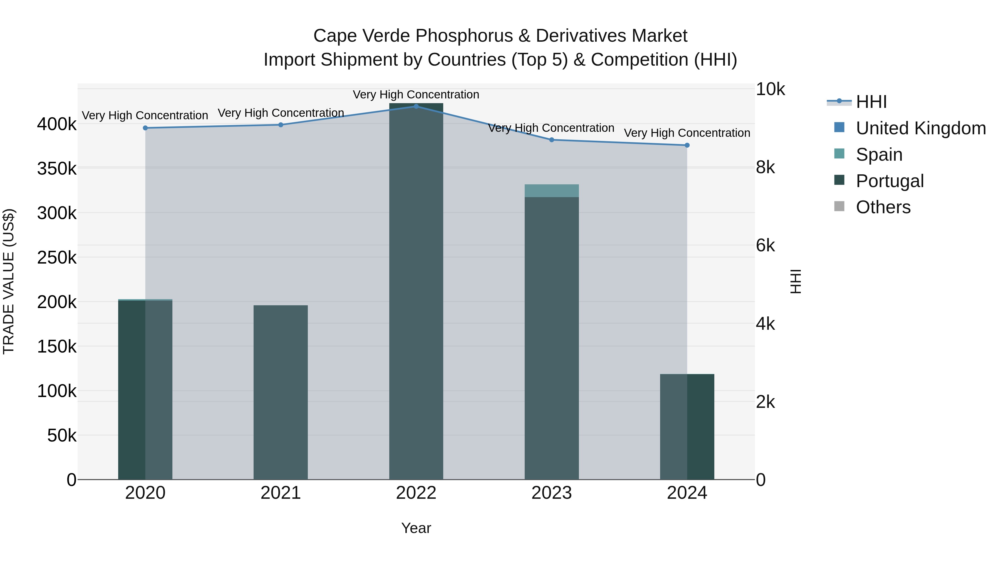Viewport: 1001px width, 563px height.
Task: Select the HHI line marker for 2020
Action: (145, 128)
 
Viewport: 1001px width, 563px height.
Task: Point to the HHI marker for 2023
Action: (551, 140)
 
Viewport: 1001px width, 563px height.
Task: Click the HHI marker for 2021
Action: (281, 125)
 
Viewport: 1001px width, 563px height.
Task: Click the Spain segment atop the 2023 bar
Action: (551, 191)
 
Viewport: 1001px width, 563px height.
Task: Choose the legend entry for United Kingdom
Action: (920, 128)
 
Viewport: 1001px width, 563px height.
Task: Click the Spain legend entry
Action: (879, 155)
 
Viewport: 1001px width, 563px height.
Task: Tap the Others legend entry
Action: (883, 207)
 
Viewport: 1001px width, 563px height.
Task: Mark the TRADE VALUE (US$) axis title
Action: (9, 281)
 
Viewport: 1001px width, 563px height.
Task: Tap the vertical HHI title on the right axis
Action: (796, 281)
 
